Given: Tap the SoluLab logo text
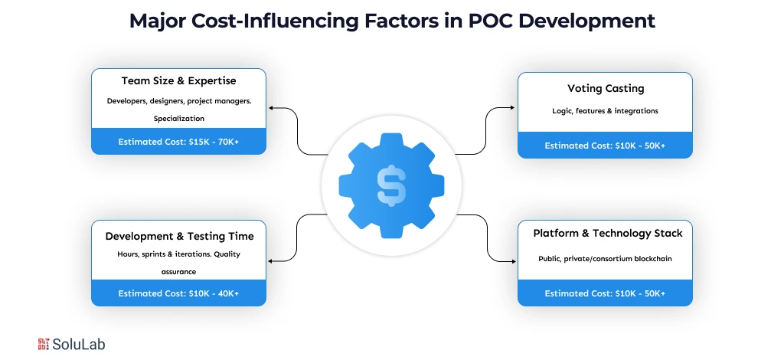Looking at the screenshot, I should [78, 345].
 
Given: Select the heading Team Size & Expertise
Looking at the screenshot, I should [178, 80].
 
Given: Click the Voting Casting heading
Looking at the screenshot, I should [605, 88].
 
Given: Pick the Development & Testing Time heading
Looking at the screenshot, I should [179, 236].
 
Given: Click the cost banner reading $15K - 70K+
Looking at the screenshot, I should [178, 142].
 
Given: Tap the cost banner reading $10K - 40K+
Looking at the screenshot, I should [178, 293].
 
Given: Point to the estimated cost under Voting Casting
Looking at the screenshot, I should [605, 146].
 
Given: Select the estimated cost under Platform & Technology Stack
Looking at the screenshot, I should [605, 293].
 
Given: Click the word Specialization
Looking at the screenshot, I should [179, 119].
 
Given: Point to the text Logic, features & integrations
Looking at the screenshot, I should [605, 111].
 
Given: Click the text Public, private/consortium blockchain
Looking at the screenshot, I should [605, 259].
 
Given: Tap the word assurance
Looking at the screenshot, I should [179, 271].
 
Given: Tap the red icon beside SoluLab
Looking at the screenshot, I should [43, 345].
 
